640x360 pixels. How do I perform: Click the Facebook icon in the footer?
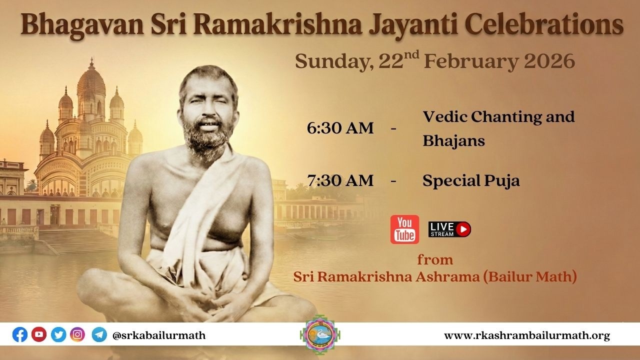pyautogui.click(x=20, y=334)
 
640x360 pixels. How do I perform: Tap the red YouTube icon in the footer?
pyautogui.click(x=39, y=334)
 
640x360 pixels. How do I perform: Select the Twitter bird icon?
pyautogui.click(x=58, y=334)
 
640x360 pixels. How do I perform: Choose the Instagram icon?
pyautogui.click(x=77, y=334)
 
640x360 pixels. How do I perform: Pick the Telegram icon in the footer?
pyautogui.click(x=99, y=334)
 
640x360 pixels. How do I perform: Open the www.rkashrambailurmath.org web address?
pyautogui.click(x=527, y=335)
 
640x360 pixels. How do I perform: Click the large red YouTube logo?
pyautogui.click(x=404, y=229)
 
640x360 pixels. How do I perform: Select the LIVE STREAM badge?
pyautogui.click(x=449, y=229)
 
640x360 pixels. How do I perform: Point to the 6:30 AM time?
pyautogui.click(x=340, y=128)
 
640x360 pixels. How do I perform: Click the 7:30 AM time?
pyautogui.click(x=340, y=180)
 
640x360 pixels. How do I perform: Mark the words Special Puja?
pyautogui.click(x=471, y=180)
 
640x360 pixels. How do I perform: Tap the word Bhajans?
pyautogui.click(x=453, y=140)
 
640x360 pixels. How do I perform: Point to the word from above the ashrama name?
pyautogui.click(x=435, y=260)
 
